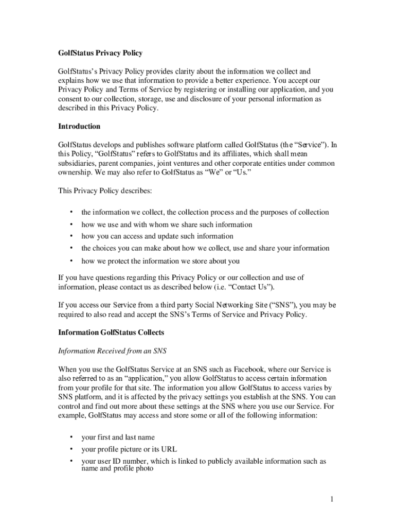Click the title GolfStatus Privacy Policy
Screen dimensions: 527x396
point(100,53)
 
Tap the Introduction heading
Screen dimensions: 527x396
point(79,126)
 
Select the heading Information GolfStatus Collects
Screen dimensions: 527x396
point(111,332)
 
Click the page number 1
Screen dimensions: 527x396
point(333,499)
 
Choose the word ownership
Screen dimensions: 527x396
point(75,172)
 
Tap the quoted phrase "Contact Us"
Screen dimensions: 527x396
point(251,287)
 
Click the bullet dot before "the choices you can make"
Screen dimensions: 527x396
point(71,248)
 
